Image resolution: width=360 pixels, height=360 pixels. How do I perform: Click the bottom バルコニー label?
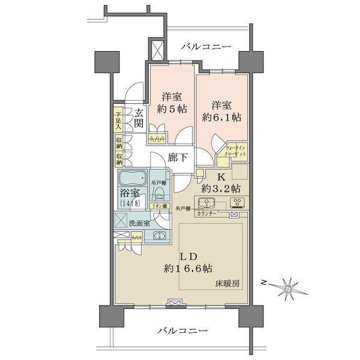click(183, 331)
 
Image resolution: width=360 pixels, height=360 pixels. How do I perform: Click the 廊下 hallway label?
click(178, 160)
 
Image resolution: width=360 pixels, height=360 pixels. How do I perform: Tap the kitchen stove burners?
click(236, 202)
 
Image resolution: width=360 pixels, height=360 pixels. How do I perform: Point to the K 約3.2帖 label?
click(221, 183)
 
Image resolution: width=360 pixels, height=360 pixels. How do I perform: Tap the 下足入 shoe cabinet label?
click(119, 121)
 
